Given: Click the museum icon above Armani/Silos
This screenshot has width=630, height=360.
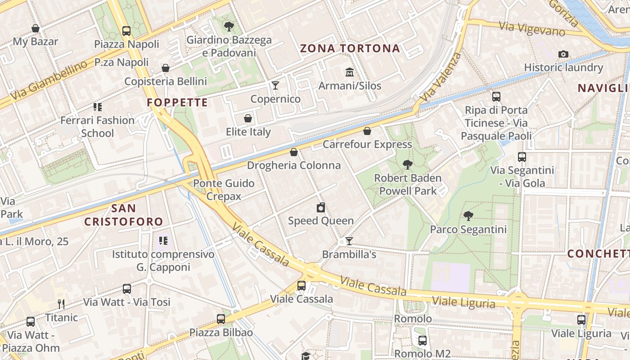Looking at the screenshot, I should [x=350, y=72].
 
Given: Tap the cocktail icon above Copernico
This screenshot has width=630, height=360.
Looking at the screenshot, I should [x=275, y=85].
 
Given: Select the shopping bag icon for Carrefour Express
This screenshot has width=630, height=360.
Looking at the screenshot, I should [x=367, y=131].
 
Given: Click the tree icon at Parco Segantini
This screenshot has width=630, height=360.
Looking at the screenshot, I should [x=468, y=216].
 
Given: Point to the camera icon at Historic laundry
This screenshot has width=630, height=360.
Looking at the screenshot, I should [x=563, y=54].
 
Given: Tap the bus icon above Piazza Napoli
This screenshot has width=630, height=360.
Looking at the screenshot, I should [x=126, y=31].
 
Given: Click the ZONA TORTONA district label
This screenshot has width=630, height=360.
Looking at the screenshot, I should [x=350, y=49].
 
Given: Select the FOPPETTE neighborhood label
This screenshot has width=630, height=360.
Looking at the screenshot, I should [x=177, y=103].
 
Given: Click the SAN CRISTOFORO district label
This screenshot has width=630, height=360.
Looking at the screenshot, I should [x=123, y=215].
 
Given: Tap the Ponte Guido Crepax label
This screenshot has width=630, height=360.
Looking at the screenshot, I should [x=224, y=189].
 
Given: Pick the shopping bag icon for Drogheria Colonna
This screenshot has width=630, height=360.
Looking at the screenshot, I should [x=294, y=152].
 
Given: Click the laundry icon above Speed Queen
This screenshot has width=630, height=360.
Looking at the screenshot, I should [x=320, y=207].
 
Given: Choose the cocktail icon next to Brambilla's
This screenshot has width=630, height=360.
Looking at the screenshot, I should [x=349, y=241].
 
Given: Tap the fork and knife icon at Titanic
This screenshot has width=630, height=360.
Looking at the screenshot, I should [x=61, y=304].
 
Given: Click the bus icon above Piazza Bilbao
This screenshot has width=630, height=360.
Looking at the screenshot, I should [x=220, y=319].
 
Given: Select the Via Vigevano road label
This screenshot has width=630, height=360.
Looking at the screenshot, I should [x=532, y=29].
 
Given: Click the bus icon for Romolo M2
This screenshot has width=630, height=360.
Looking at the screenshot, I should [x=422, y=341].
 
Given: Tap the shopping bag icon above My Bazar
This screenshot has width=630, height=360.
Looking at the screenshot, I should [x=36, y=29].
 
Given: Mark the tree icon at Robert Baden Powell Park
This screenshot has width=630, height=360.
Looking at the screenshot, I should [x=408, y=165].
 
